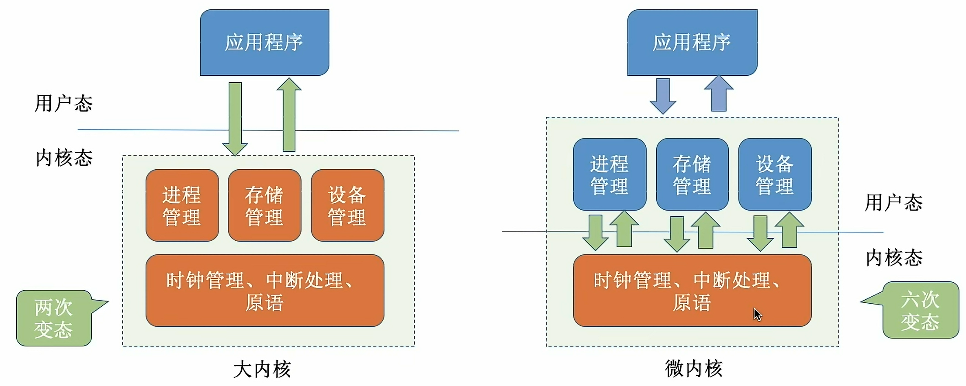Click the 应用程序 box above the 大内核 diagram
264,42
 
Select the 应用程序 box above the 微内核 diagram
692,42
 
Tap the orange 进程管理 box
182,205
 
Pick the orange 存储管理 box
265,205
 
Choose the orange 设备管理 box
347,205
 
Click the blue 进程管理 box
609,174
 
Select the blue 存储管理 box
692,174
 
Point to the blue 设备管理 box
775,174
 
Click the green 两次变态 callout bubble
54,318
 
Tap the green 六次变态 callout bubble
920,310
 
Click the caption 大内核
262,369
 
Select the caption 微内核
693,368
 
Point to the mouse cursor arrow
757,314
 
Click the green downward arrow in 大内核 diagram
235,118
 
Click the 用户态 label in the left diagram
64,103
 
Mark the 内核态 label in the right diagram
894,258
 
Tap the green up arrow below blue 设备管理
790,230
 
